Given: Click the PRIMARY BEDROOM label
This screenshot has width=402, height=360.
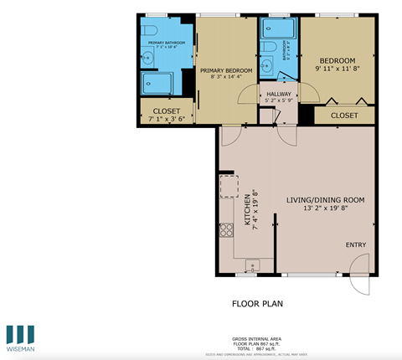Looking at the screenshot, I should coord(226,69).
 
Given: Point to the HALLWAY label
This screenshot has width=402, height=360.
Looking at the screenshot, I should coord(279,94).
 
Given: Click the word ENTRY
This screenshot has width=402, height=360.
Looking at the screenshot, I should coord(356,244).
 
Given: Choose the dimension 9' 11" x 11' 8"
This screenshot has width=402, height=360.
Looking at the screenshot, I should coord(337,69).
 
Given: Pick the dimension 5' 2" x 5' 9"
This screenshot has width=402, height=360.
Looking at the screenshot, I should coord(279,101).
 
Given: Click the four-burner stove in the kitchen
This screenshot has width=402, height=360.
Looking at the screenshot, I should coord(225,229).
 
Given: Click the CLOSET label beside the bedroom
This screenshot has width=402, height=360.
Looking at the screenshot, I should coord(345,115).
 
